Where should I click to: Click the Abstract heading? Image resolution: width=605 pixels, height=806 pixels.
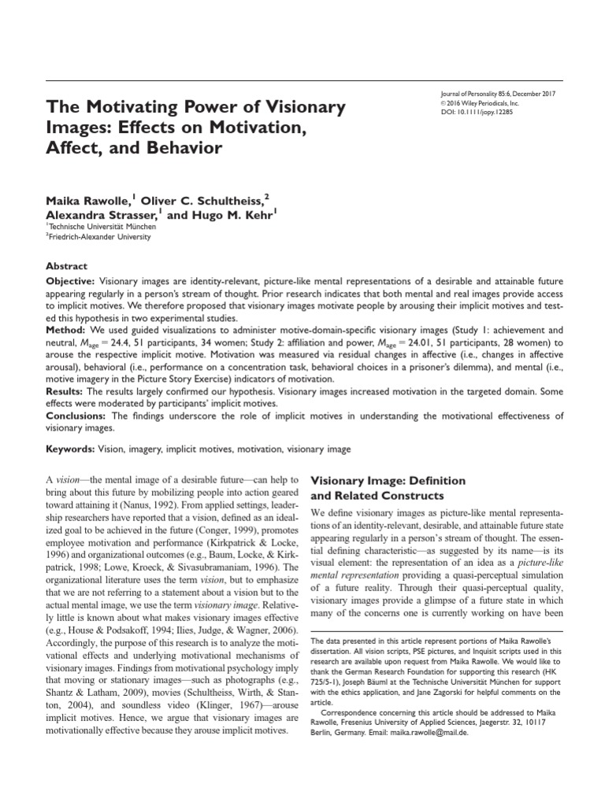point(66,266)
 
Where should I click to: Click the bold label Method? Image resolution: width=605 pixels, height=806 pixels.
point(68,328)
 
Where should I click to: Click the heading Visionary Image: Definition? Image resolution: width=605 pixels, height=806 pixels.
point(389,480)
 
